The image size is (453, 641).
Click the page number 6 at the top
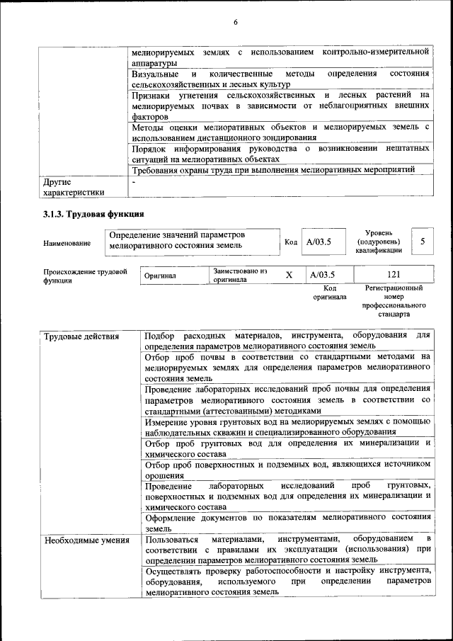pyautogui.click(x=234, y=23)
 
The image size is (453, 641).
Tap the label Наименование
pyautogui.click(x=67, y=244)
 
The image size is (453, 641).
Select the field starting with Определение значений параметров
pyautogui.click(x=191, y=240)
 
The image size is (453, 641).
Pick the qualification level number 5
pyautogui.click(x=423, y=241)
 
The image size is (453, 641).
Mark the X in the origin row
pyautogui.click(x=289, y=275)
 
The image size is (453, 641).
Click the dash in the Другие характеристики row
pyautogui.click(x=134, y=182)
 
